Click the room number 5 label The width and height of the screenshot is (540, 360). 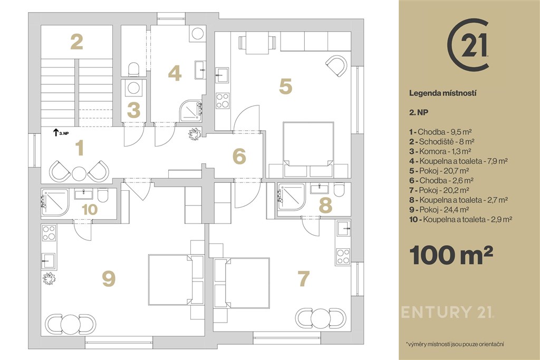285,86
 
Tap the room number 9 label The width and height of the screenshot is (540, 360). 109,279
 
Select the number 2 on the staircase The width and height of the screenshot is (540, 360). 76,42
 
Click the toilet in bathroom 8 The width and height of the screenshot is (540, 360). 339,189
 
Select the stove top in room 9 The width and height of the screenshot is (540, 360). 49,232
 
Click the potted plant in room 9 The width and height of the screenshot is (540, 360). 49,278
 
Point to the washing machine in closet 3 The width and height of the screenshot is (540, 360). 133,88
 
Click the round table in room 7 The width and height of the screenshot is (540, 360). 320,318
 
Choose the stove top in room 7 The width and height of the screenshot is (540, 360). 343,256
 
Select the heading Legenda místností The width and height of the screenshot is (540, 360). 443,93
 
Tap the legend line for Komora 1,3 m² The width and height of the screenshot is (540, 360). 440,151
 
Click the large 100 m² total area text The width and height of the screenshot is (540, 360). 451,255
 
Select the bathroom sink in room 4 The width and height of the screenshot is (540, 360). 200,70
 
